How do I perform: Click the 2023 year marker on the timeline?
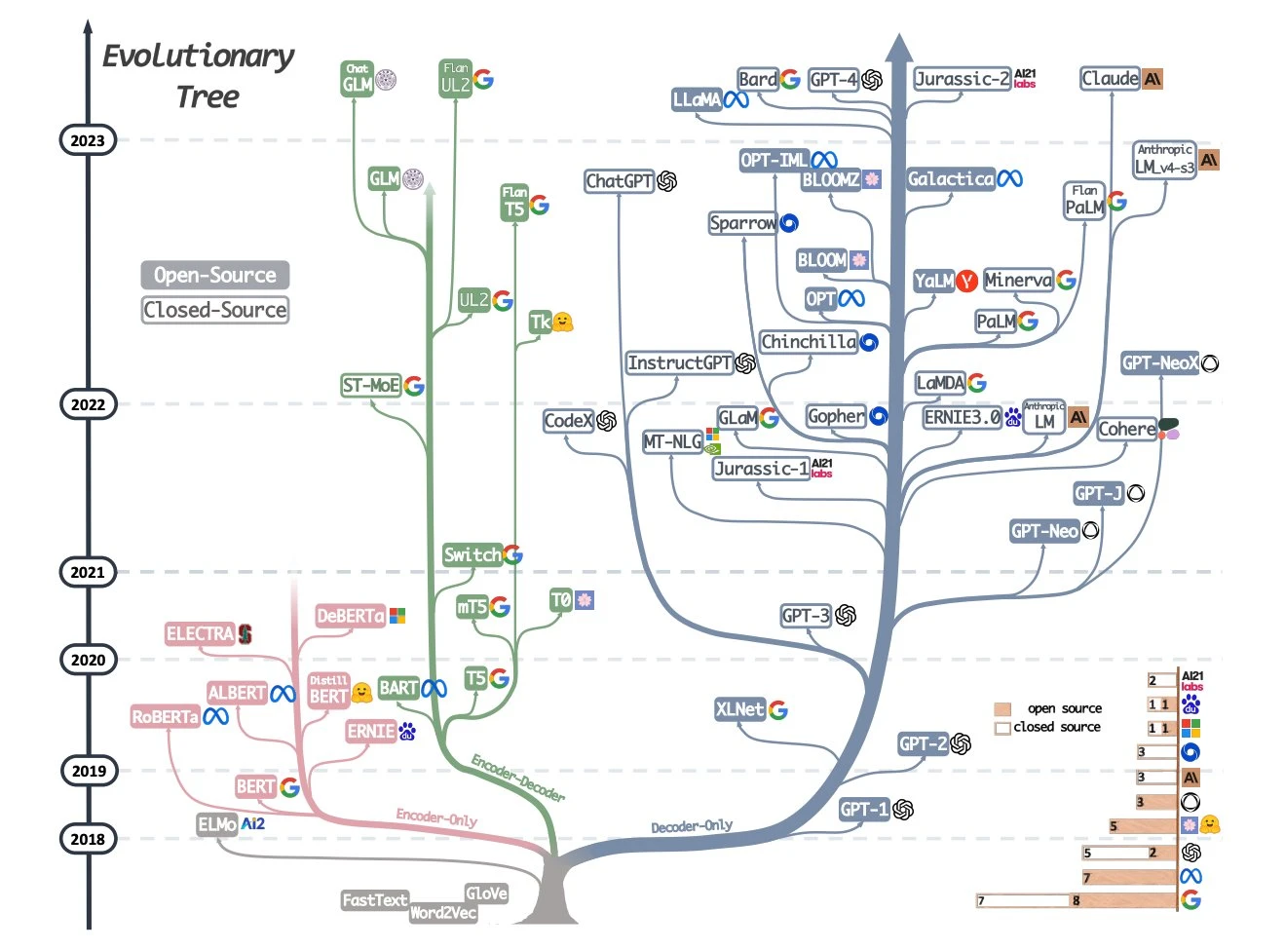click(x=88, y=140)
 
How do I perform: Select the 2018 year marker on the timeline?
click(x=88, y=839)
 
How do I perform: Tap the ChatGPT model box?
click(x=620, y=181)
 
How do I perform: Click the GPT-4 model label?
click(x=833, y=80)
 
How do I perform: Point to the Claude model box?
click(x=1110, y=79)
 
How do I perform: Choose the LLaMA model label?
click(x=697, y=99)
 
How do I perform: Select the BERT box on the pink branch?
click(x=255, y=786)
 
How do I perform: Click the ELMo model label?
click(x=217, y=824)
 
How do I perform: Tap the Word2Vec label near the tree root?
click(x=443, y=913)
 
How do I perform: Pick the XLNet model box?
click(x=739, y=709)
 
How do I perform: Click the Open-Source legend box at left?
click(x=214, y=276)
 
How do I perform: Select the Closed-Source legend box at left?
click(x=214, y=310)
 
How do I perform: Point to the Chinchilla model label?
click(x=808, y=342)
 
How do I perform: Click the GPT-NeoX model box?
click(x=1159, y=363)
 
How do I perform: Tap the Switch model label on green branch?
click(x=472, y=555)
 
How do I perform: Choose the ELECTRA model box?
click(x=200, y=634)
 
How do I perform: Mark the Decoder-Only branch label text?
click(x=692, y=826)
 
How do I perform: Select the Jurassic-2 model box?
click(x=962, y=79)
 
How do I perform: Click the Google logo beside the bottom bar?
click(x=1191, y=900)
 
